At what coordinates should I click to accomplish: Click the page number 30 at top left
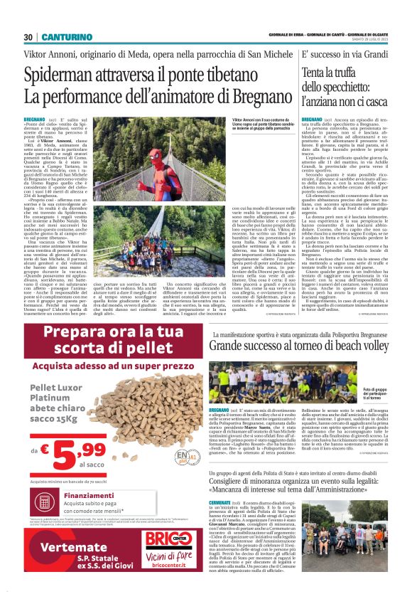pyautogui.click(x=28, y=37)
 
